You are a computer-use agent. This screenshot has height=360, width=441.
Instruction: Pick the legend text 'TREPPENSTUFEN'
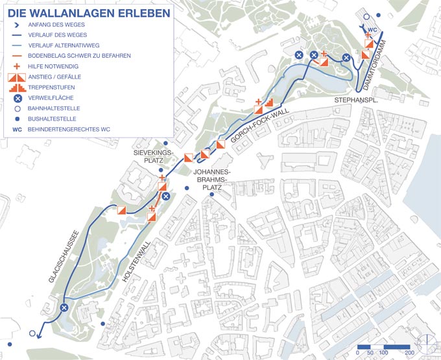click(52, 87)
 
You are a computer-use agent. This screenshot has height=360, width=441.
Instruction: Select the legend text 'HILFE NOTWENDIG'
click(55, 66)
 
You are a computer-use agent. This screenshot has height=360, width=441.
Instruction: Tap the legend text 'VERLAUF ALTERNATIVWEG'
click(64, 45)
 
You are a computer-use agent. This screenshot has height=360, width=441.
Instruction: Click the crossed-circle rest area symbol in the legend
click(18, 98)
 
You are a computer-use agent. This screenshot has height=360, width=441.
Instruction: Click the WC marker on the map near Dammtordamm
click(372, 30)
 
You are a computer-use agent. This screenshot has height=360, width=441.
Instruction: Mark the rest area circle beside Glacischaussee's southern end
click(64, 308)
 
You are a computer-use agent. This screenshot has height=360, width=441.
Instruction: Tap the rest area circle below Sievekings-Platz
click(165, 197)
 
